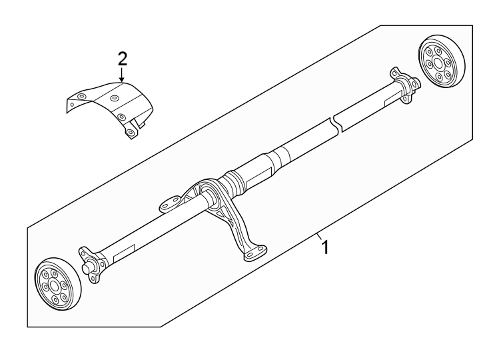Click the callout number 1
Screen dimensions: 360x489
click(326, 248)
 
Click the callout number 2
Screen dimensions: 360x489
click(121, 58)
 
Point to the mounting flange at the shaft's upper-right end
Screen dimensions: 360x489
click(404, 83)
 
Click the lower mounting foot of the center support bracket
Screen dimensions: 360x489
click(254, 254)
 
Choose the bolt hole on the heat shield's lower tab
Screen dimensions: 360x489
click(131, 133)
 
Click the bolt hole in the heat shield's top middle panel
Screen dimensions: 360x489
click(114, 99)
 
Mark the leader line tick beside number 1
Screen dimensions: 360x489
click(318, 236)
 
